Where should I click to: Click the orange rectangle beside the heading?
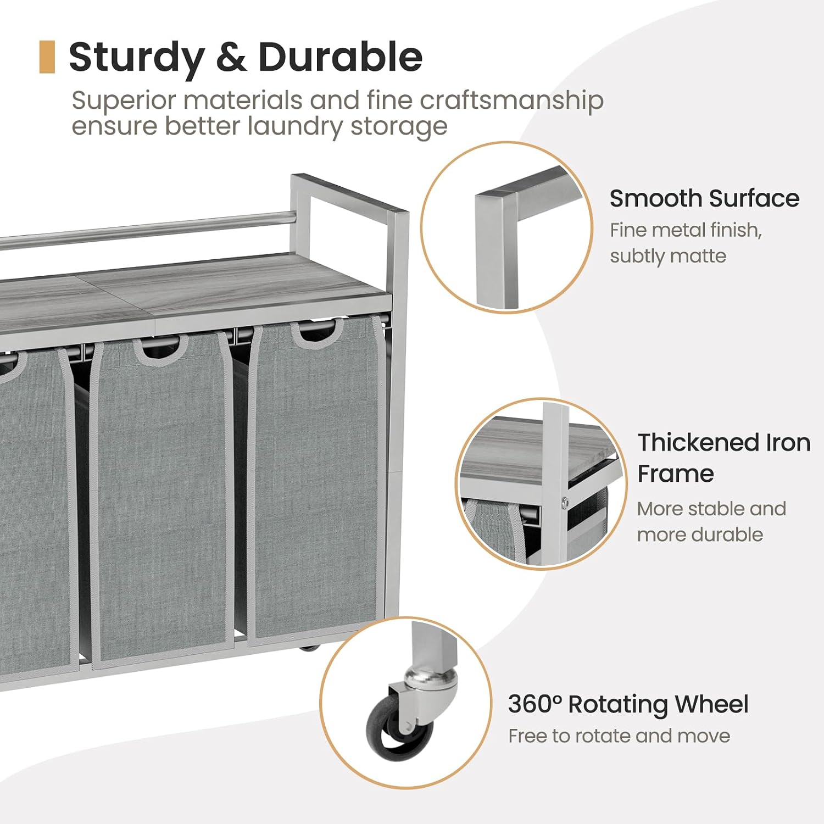tap(47, 57)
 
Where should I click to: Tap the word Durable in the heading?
tap(341, 57)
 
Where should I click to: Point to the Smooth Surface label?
tap(704, 198)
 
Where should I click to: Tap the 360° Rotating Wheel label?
tap(628, 705)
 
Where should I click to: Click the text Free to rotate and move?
tap(619, 736)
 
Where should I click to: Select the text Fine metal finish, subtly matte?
tap(686, 243)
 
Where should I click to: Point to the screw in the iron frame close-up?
tap(565, 501)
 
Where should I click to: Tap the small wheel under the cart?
tap(310, 648)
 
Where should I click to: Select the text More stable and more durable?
tap(711, 521)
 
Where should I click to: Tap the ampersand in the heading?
tap(231, 58)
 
